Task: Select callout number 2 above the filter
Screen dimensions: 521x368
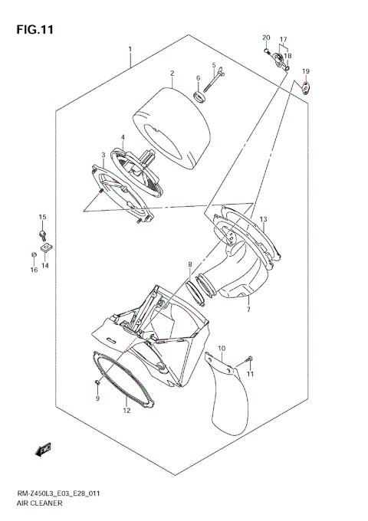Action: (x=172, y=74)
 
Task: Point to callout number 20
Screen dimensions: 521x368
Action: (x=266, y=38)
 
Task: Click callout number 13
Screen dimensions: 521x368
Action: (x=262, y=220)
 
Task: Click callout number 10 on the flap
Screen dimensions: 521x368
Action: (x=222, y=349)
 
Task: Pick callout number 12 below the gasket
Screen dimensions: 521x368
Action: (x=127, y=410)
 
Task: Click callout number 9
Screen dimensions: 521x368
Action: (x=97, y=398)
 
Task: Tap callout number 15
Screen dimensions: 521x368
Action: (x=43, y=218)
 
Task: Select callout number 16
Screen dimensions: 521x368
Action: (x=34, y=270)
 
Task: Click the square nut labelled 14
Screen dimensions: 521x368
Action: (x=47, y=247)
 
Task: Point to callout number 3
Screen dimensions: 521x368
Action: (x=103, y=155)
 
